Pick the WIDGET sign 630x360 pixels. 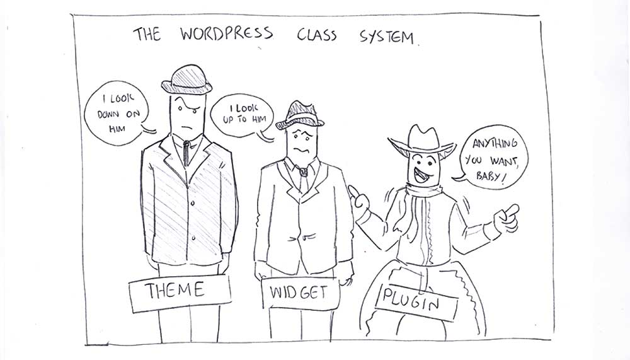[300, 294]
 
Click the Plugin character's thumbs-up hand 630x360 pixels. [362, 200]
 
